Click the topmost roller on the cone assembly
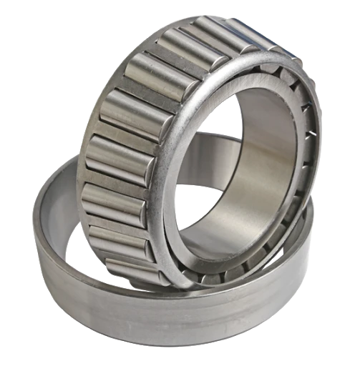[x=215, y=32]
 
